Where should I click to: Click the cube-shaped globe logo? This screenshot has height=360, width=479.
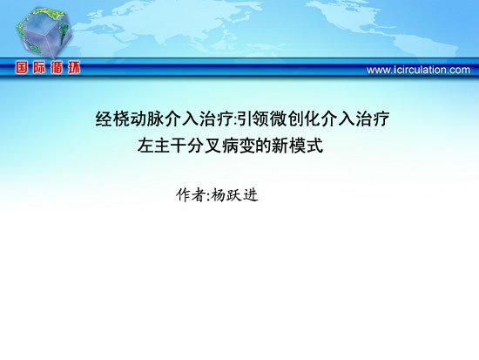pos(44,32)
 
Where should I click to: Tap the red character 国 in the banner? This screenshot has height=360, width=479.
pos(22,68)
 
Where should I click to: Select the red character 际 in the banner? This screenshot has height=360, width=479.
pos(39,68)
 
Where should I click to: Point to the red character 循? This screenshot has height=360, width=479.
pos(57,68)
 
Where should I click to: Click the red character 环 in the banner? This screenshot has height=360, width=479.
pos(74,68)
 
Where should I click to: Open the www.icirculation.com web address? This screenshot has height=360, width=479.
pos(418,70)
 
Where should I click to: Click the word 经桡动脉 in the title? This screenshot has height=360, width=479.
pos(130,119)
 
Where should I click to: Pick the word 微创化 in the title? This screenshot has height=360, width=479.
pos(294,119)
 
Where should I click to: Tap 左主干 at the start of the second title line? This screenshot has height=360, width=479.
pos(162,146)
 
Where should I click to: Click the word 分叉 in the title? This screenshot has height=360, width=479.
pos(204,146)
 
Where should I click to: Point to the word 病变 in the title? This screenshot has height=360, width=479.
pos(238,146)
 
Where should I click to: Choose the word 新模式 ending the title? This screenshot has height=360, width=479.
pos(297,146)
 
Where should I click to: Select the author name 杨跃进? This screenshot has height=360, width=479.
pos(234,195)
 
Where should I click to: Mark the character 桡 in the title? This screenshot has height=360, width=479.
pos(121,119)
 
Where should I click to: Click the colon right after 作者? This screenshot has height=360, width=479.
pos(208,196)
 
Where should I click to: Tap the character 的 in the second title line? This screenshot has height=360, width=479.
pos(263,146)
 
